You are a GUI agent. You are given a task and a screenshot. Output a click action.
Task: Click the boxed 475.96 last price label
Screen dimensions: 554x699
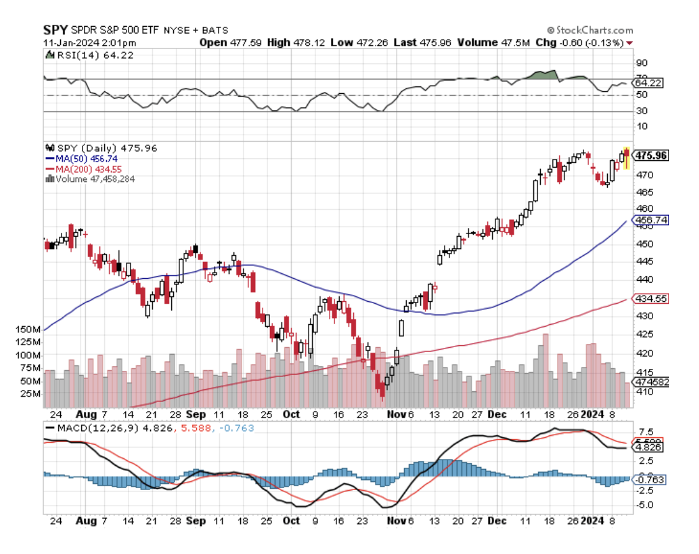point(651,155)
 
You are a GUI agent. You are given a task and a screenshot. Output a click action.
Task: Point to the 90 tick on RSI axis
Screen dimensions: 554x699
point(642,63)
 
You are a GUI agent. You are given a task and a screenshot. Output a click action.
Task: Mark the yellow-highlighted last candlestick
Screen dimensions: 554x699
point(627,158)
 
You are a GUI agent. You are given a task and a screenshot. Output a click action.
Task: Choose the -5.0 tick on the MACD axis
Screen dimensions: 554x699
point(645,505)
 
